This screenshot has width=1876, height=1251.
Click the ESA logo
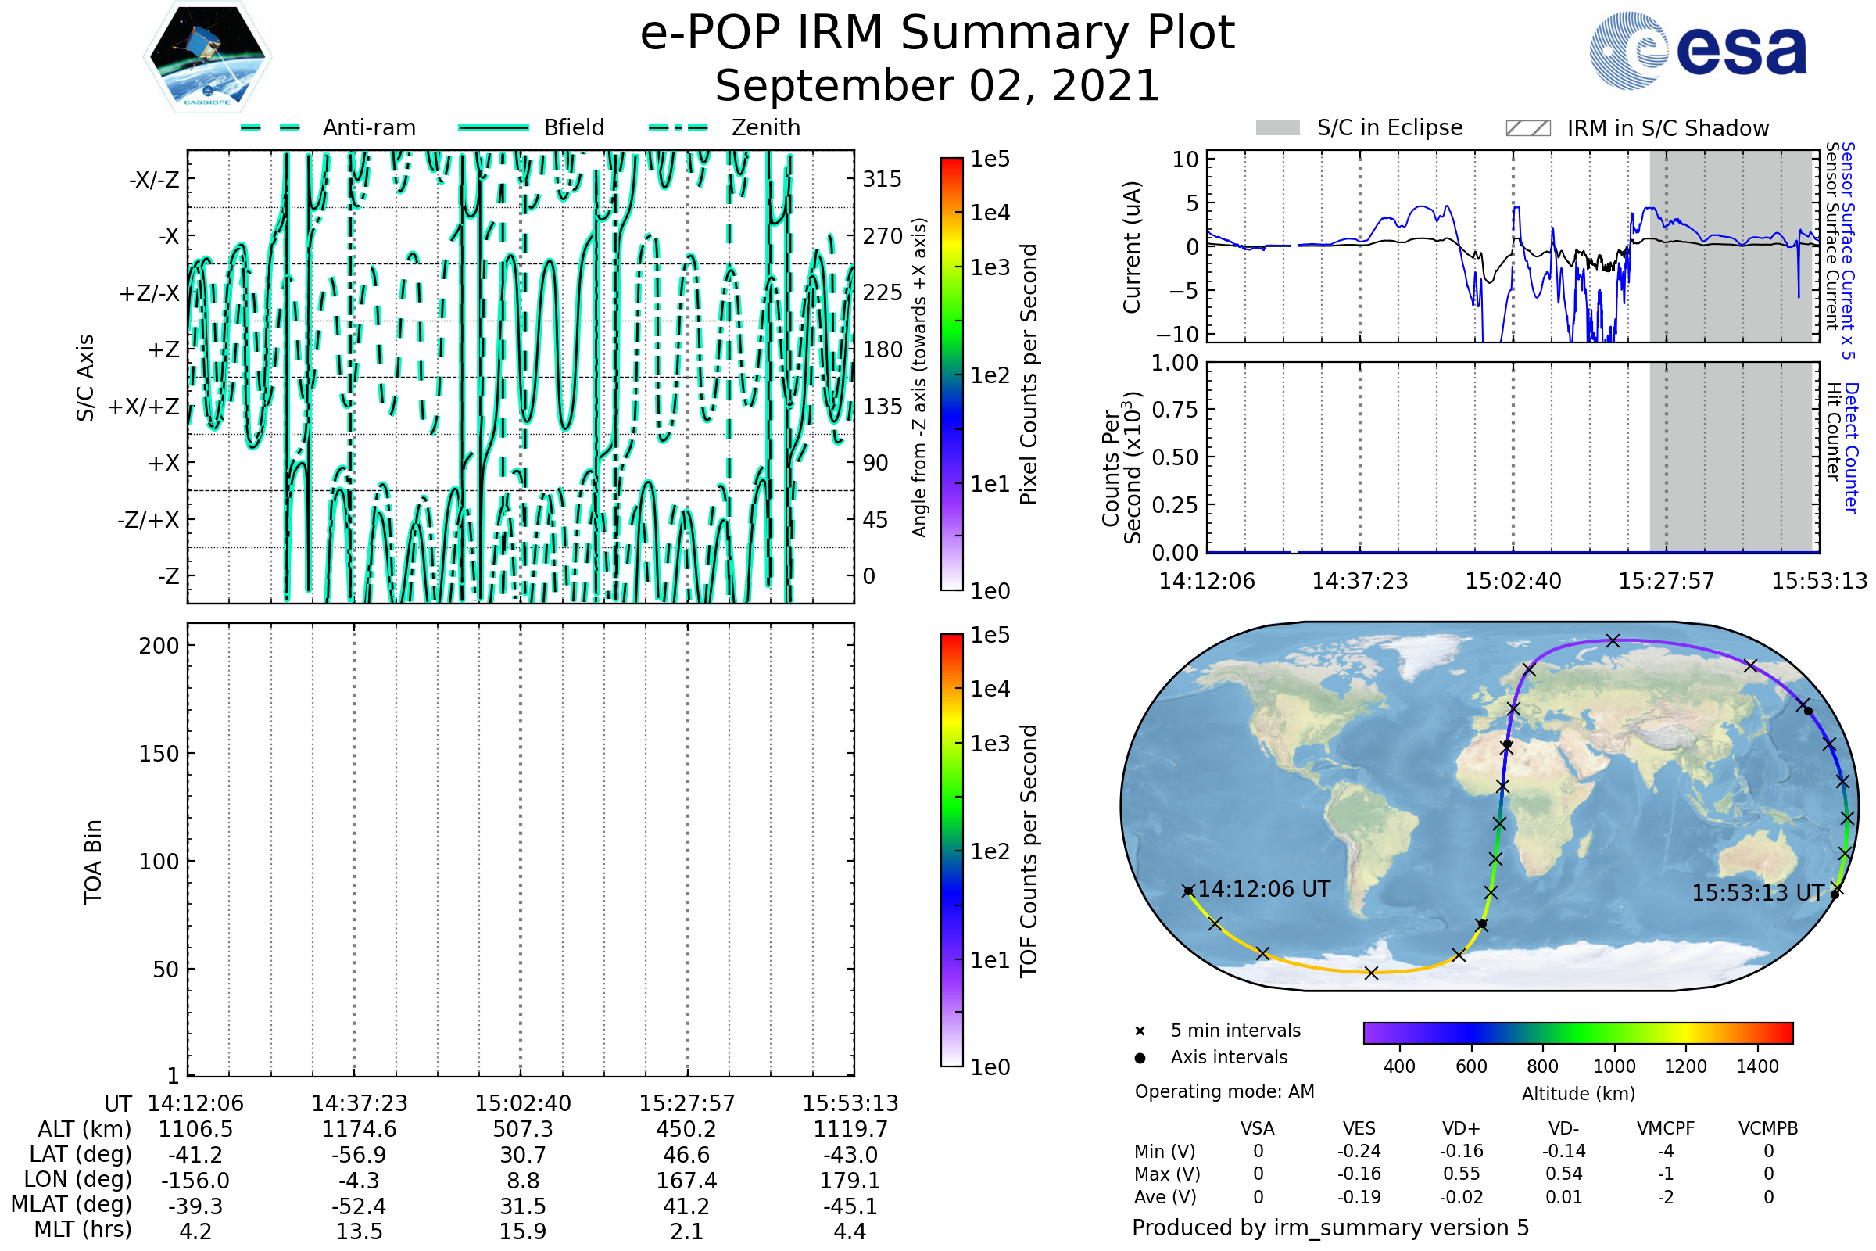coord(1699,50)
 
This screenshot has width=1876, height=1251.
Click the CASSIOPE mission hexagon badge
coord(207,56)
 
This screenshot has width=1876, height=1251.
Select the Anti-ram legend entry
coord(328,127)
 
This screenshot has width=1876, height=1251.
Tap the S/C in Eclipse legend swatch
coord(1278,128)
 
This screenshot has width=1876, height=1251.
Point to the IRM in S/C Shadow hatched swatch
coord(1528,128)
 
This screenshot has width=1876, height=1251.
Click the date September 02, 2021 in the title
coord(937,86)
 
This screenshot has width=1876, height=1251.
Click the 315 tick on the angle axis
coord(883,179)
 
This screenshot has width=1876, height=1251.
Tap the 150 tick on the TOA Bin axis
coord(159,754)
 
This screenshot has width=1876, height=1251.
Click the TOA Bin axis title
coord(93,862)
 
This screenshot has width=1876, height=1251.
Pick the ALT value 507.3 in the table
coord(522,1129)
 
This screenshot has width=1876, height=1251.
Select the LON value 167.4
coord(686,1180)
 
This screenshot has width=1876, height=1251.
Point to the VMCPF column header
coord(1666,1128)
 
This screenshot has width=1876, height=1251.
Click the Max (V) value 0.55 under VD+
coord(1461,1174)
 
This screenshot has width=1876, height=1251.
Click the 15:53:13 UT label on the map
coord(1758,893)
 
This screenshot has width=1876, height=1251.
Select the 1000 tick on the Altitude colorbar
coord(1613,1066)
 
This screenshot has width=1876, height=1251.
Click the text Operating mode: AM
coord(1224,1091)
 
